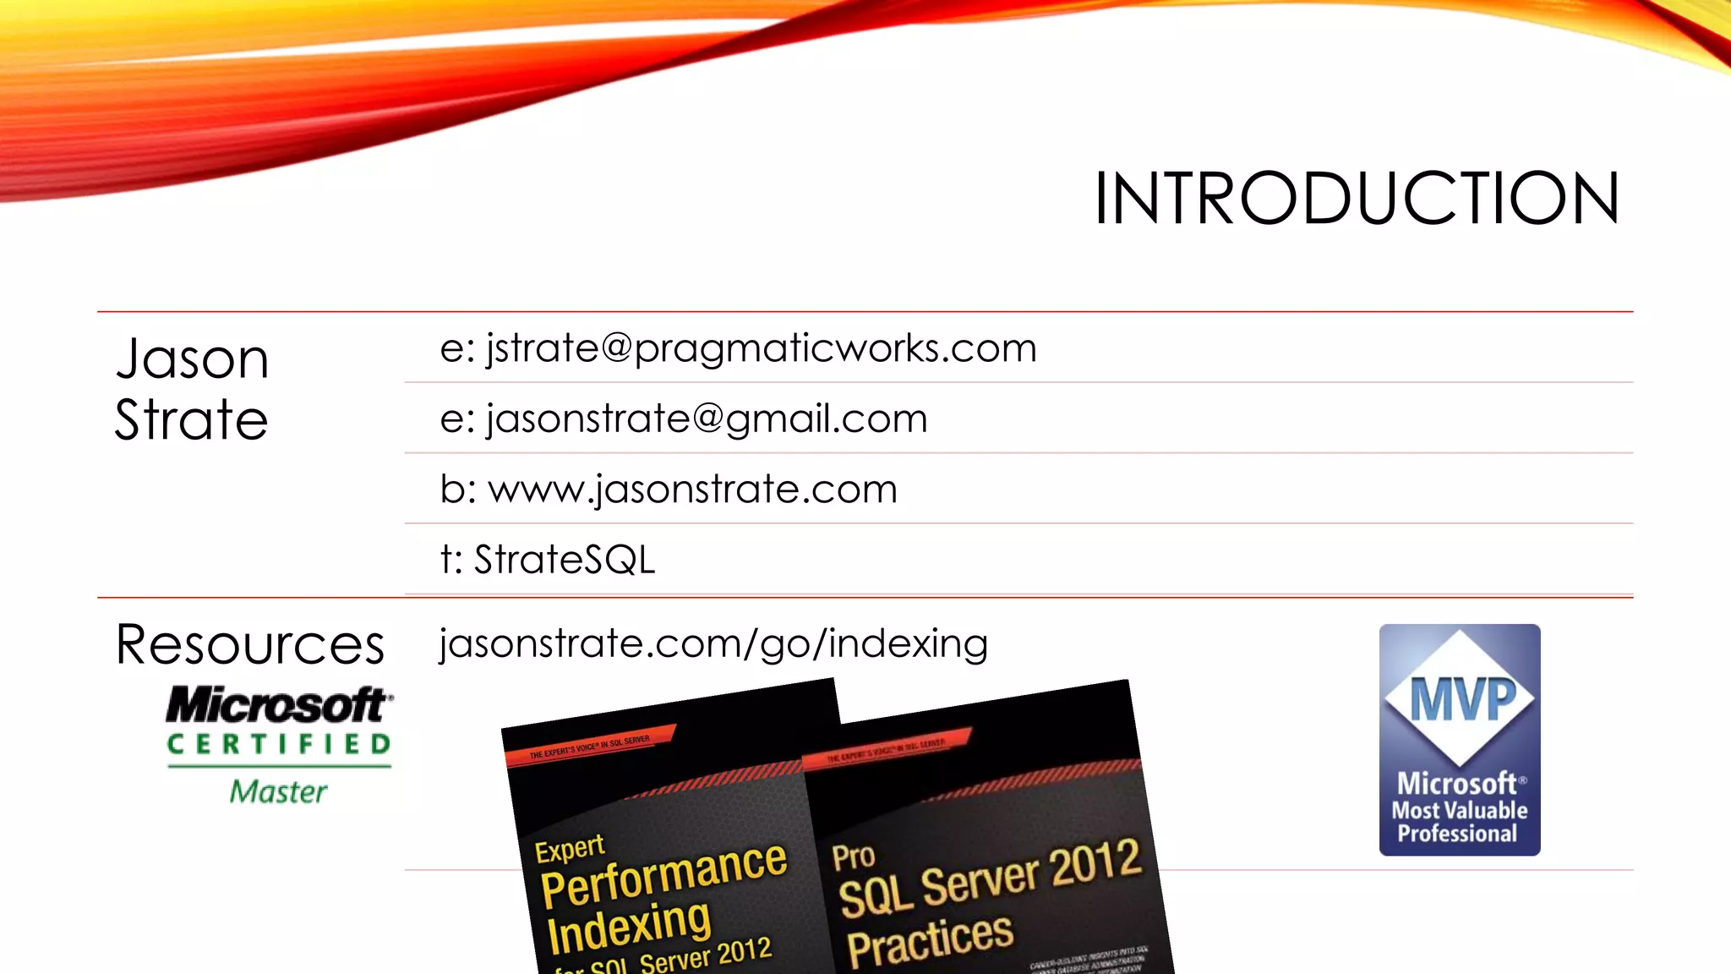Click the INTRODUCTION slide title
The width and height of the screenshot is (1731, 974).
[x=1357, y=199]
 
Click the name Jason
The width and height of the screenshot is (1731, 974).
[x=193, y=359]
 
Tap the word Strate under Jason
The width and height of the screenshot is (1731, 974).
[x=192, y=420]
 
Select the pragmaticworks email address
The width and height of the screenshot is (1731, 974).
[x=738, y=348]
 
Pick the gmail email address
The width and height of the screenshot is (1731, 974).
[x=683, y=419]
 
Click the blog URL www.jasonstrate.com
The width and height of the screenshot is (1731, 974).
[x=669, y=490]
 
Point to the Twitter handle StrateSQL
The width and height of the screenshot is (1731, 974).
[x=548, y=560]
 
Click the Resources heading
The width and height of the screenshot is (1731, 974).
[x=250, y=645]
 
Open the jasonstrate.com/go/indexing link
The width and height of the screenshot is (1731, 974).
[x=713, y=644]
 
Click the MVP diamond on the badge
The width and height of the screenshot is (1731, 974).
[x=1460, y=698]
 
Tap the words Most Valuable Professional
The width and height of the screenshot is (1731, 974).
[x=1460, y=822]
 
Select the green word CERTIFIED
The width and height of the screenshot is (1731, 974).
[x=279, y=744]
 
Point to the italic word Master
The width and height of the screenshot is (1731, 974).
[x=278, y=792]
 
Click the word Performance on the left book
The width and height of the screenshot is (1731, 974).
[x=664, y=874]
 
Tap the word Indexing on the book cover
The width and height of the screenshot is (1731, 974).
[x=629, y=926]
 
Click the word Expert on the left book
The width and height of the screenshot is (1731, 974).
[x=570, y=849]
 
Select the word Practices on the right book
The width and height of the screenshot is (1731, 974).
[x=930, y=940]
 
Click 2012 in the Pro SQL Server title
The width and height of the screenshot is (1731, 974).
[x=1095, y=863]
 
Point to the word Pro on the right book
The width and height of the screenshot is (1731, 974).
[x=853, y=856]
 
